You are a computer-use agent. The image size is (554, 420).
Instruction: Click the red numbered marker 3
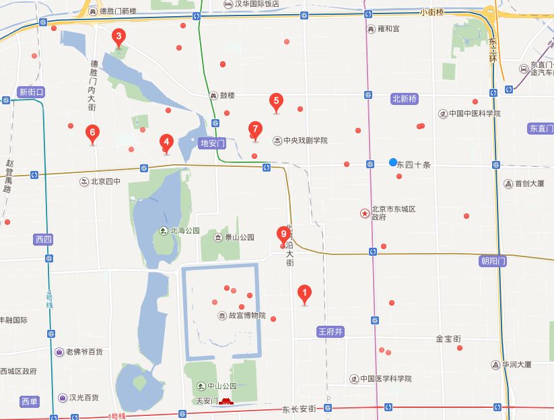pyautogui.click(x=118, y=37)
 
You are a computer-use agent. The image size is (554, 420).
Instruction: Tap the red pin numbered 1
pyautogui.click(x=304, y=293)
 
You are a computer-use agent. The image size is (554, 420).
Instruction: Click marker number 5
pyautogui.click(x=275, y=102)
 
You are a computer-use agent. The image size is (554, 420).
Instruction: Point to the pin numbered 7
pyautogui.click(x=254, y=129)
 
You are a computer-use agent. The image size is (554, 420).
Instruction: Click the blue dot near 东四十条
pyautogui.click(x=393, y=162)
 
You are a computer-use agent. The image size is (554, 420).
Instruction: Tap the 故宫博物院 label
pyautogui.click(x=246, y=316)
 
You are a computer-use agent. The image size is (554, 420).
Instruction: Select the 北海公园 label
pyautogui.click(x=184, y=231)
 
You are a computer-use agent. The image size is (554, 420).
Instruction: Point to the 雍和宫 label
pyautogui.click(x=388, y=29)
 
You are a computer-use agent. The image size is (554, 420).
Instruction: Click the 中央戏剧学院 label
pyautogui.click(x=304, y=141)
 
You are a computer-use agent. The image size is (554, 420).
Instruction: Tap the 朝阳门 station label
pyautogui.click(x=493, y=262)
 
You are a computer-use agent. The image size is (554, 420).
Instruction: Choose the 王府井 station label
pyautogui.click(x=330, y=331)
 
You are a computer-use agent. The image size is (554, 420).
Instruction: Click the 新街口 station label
pyautogui.click(x=31, y=92)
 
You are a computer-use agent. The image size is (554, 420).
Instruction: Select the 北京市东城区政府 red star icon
pyautogui.click(x=365, y=213)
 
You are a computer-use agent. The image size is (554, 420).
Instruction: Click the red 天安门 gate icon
pyautogui.click(x=226, y=402)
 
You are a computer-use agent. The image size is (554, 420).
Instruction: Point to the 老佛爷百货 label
pyautogui.click(x=84, y=351)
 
